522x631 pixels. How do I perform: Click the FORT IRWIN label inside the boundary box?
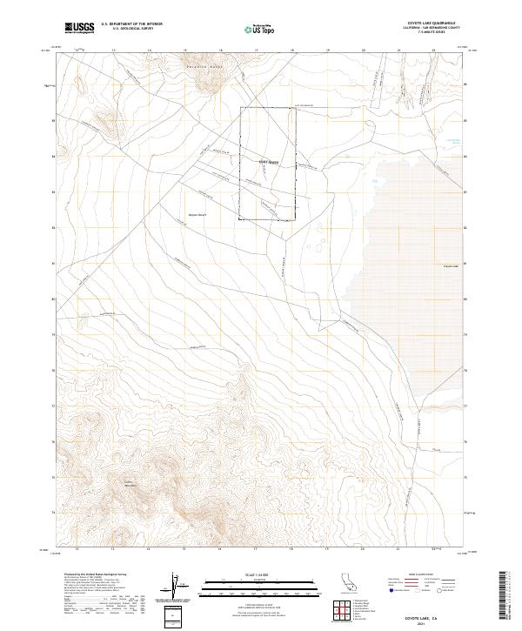click(x=268, y=162)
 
